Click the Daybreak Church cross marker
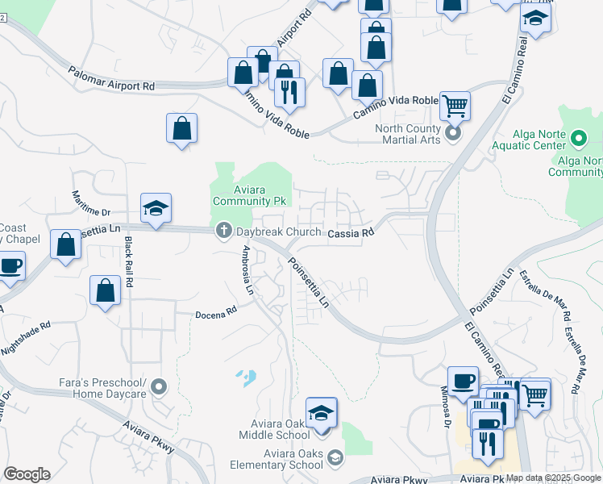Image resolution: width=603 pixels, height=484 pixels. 223,232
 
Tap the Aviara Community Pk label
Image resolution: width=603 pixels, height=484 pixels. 248,194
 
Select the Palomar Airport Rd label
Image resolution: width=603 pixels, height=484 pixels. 111,78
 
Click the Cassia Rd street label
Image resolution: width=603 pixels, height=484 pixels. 351,233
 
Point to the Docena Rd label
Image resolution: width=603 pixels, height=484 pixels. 216,311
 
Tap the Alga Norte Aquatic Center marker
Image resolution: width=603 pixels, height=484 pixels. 577,140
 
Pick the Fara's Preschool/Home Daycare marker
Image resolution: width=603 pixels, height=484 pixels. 160,387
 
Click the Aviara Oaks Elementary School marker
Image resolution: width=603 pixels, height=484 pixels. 335,459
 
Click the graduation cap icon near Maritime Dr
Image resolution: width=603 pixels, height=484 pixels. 155,209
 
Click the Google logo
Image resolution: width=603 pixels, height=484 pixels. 27,474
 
